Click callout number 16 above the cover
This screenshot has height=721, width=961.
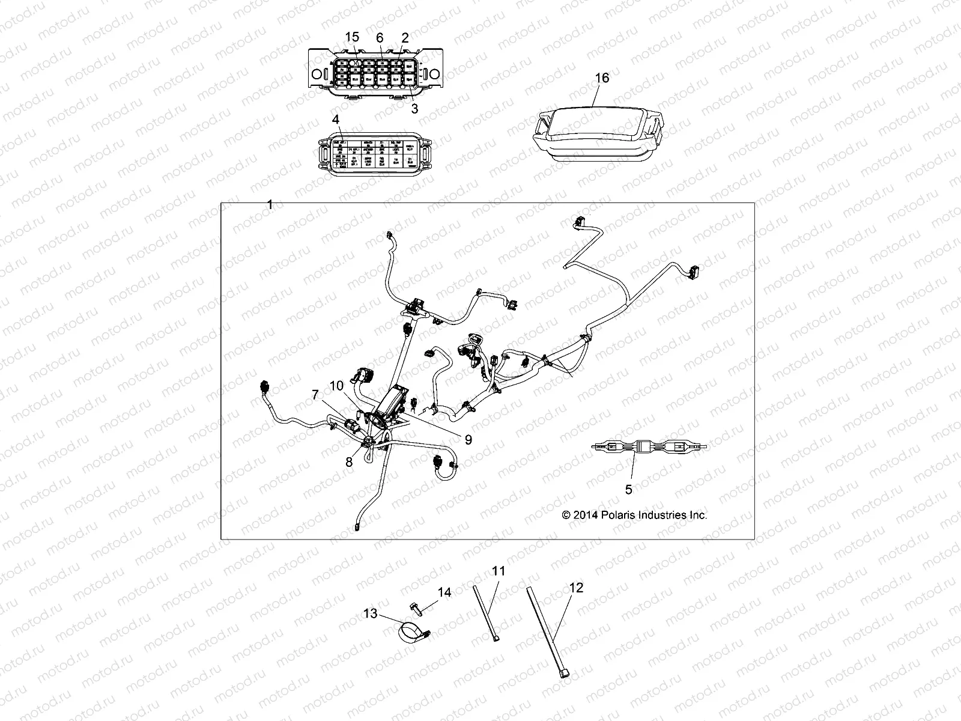coord(602,78)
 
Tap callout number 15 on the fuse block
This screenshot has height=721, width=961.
coord(352,38)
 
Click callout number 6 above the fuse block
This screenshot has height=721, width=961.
coord(380,38)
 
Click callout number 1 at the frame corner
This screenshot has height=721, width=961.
coord(270,205)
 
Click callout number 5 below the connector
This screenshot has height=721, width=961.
coord(628,490)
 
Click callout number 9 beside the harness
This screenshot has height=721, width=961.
coord(468,440)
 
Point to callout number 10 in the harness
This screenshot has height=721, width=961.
coord(336,385)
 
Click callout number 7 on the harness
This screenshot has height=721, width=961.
coord(315,394)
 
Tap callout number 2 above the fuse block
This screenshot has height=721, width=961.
coord(405,38)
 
